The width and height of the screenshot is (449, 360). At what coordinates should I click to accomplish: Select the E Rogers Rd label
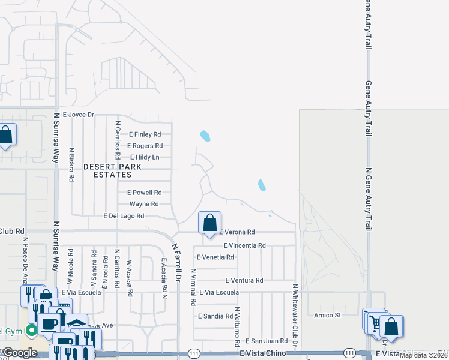(145, 146)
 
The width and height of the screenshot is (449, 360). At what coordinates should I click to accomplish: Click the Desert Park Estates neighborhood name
(112, 170)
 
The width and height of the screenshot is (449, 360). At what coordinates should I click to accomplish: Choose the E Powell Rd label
(144, 193)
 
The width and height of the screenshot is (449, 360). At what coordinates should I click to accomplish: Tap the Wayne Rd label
(144, 204)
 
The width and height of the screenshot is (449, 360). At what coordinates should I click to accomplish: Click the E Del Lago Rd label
(124, 216)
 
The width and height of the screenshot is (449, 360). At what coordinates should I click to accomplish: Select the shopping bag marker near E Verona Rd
(209, 224)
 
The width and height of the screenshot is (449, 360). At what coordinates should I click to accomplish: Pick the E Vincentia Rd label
(244, 245)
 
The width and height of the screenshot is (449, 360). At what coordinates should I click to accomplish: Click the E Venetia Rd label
(215, 257)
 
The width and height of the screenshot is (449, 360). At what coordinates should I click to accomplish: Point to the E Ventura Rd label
(244, 280)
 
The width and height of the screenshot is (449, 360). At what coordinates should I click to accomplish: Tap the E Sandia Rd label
(215, 315)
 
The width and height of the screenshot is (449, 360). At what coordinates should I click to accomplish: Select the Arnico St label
(328, 314)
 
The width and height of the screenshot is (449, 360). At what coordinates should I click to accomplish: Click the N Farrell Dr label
(177, 262)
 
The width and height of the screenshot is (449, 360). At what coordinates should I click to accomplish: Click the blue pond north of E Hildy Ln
(205, 136)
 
